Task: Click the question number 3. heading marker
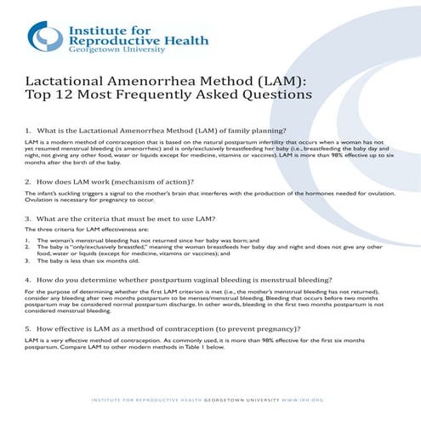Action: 30,219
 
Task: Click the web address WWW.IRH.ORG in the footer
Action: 304,400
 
